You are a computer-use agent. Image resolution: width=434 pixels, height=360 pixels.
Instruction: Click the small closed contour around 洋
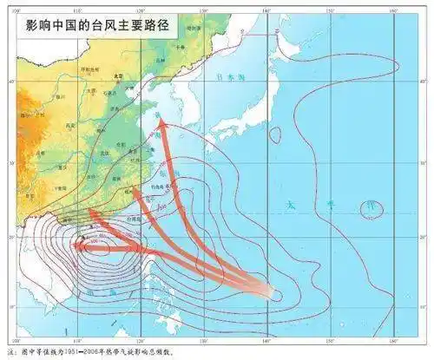[372, 208]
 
